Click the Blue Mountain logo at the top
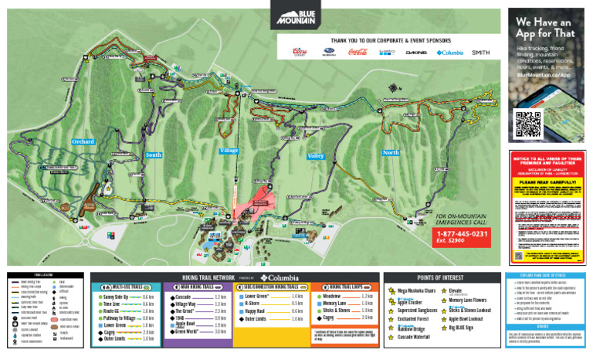point(296,16)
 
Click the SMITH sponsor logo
point(480,53)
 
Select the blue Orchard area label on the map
point(83,142)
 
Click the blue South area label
point(153,155)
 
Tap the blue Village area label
point(229,151)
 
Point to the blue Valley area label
point(316,156)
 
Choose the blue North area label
point(391,153)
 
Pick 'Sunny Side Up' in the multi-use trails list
point(120,297)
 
